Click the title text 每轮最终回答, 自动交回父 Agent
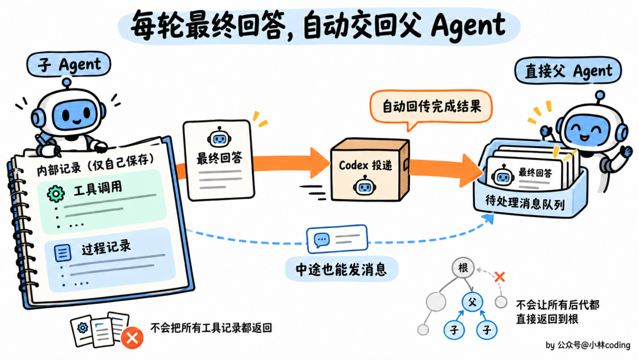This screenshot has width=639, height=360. coord(318,25)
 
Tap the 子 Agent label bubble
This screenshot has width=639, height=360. coord(69,64)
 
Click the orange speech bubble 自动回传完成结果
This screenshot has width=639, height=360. coord(431,107)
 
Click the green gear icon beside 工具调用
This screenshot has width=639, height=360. coord(56,194)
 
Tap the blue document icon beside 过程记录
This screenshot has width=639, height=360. coord(62,253)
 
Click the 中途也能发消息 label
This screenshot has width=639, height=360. coord(341,269)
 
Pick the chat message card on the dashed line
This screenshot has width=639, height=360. coord(337,239)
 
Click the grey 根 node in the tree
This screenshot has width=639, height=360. coord(463,268)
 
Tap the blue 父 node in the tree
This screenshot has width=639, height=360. coord(472,302)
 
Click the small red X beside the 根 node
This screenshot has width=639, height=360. coord(499,277)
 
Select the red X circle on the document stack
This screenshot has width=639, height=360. coord(132,337)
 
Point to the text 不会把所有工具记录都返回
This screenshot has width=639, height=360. coord(211,328)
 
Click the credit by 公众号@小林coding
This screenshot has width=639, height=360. coord(588,345)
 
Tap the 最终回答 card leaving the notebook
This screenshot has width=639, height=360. coord(219,160)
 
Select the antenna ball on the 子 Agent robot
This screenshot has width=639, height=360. coord(66,82)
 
